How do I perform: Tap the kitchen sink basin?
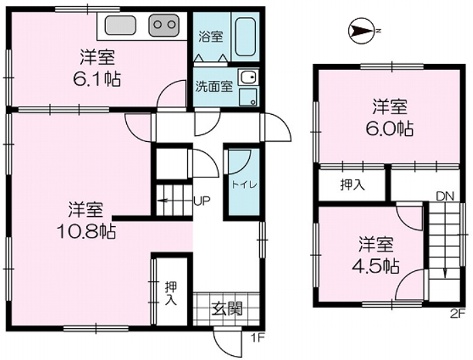pos(121,25)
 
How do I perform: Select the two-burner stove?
pos(163,25)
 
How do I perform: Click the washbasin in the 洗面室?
pos(248,78)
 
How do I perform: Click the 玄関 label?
pos(227,309)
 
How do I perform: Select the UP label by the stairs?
pos(202,201)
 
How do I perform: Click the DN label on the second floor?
pos(446,196)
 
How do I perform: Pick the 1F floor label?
pos(258,338)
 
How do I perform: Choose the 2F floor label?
pos(457,314)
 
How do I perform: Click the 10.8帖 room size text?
pos(87,231)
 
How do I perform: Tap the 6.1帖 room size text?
pos(97,79)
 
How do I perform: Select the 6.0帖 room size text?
pos(390,128)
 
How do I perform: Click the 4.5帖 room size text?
pos(376,266)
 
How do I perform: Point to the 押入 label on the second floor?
pos(353,185)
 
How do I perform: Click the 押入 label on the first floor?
pos(171,293)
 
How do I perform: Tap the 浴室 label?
pos(211,36)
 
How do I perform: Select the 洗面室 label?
pos(214,87)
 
